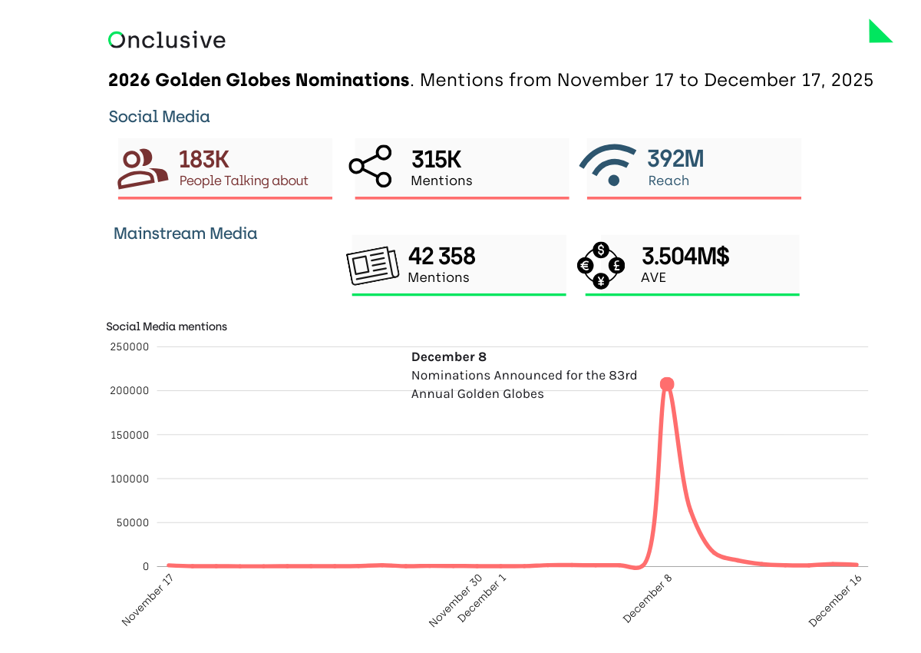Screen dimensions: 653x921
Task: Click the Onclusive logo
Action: click(x=167, y=40)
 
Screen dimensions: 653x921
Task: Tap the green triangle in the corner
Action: click(x=878, y=33)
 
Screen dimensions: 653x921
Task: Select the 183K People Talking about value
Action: click(x=204, y=159)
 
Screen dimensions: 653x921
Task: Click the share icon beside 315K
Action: click(x=370, y=166)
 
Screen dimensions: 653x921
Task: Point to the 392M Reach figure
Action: click(x=675, y=159)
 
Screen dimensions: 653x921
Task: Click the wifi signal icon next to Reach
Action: click(x=609, y=165)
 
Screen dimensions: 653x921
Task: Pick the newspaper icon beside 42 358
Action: click(x=372, y=265)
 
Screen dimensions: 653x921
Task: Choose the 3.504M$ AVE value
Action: click(x=685, y=257)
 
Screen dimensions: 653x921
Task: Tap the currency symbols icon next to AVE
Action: click(x=601, y=265)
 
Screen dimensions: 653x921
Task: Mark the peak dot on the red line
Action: click(x=667, y=384)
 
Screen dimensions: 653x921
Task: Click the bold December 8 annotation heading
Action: click(x=449, y=357)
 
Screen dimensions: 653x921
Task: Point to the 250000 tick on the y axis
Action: click(x=129, y=346)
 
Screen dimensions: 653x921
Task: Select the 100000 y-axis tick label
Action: click(x=129, y=479)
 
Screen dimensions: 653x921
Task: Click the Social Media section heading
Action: click(x=159, y=117)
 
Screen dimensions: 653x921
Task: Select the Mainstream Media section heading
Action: click(x=185, y=234)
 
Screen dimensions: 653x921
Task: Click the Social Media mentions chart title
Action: click(x=167, y=326)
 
